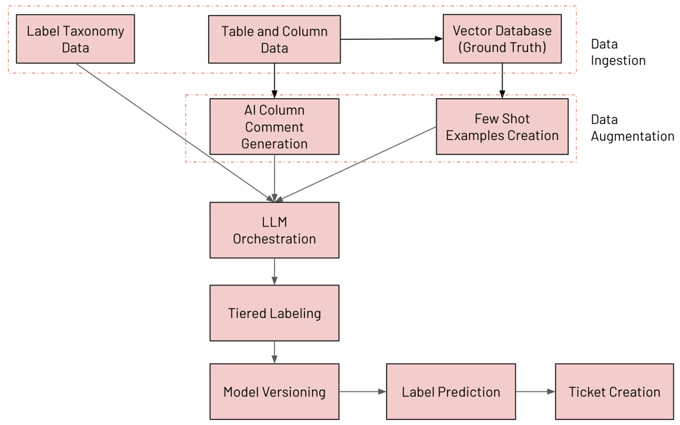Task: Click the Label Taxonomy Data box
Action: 75,39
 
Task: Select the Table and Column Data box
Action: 274,39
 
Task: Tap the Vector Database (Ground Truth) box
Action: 502,39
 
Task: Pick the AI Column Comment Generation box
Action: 274,126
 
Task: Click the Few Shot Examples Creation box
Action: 502,126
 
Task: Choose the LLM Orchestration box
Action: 274,230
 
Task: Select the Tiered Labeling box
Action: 274,313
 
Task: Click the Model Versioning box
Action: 274,392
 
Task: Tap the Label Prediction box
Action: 451,392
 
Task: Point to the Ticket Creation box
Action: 614,392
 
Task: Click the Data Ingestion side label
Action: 618,52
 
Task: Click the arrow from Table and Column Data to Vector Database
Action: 391,39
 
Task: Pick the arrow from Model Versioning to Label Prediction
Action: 362,392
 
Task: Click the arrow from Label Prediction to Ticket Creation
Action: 535,392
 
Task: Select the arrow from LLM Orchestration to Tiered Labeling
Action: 274,271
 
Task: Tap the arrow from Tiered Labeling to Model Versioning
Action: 274,352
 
